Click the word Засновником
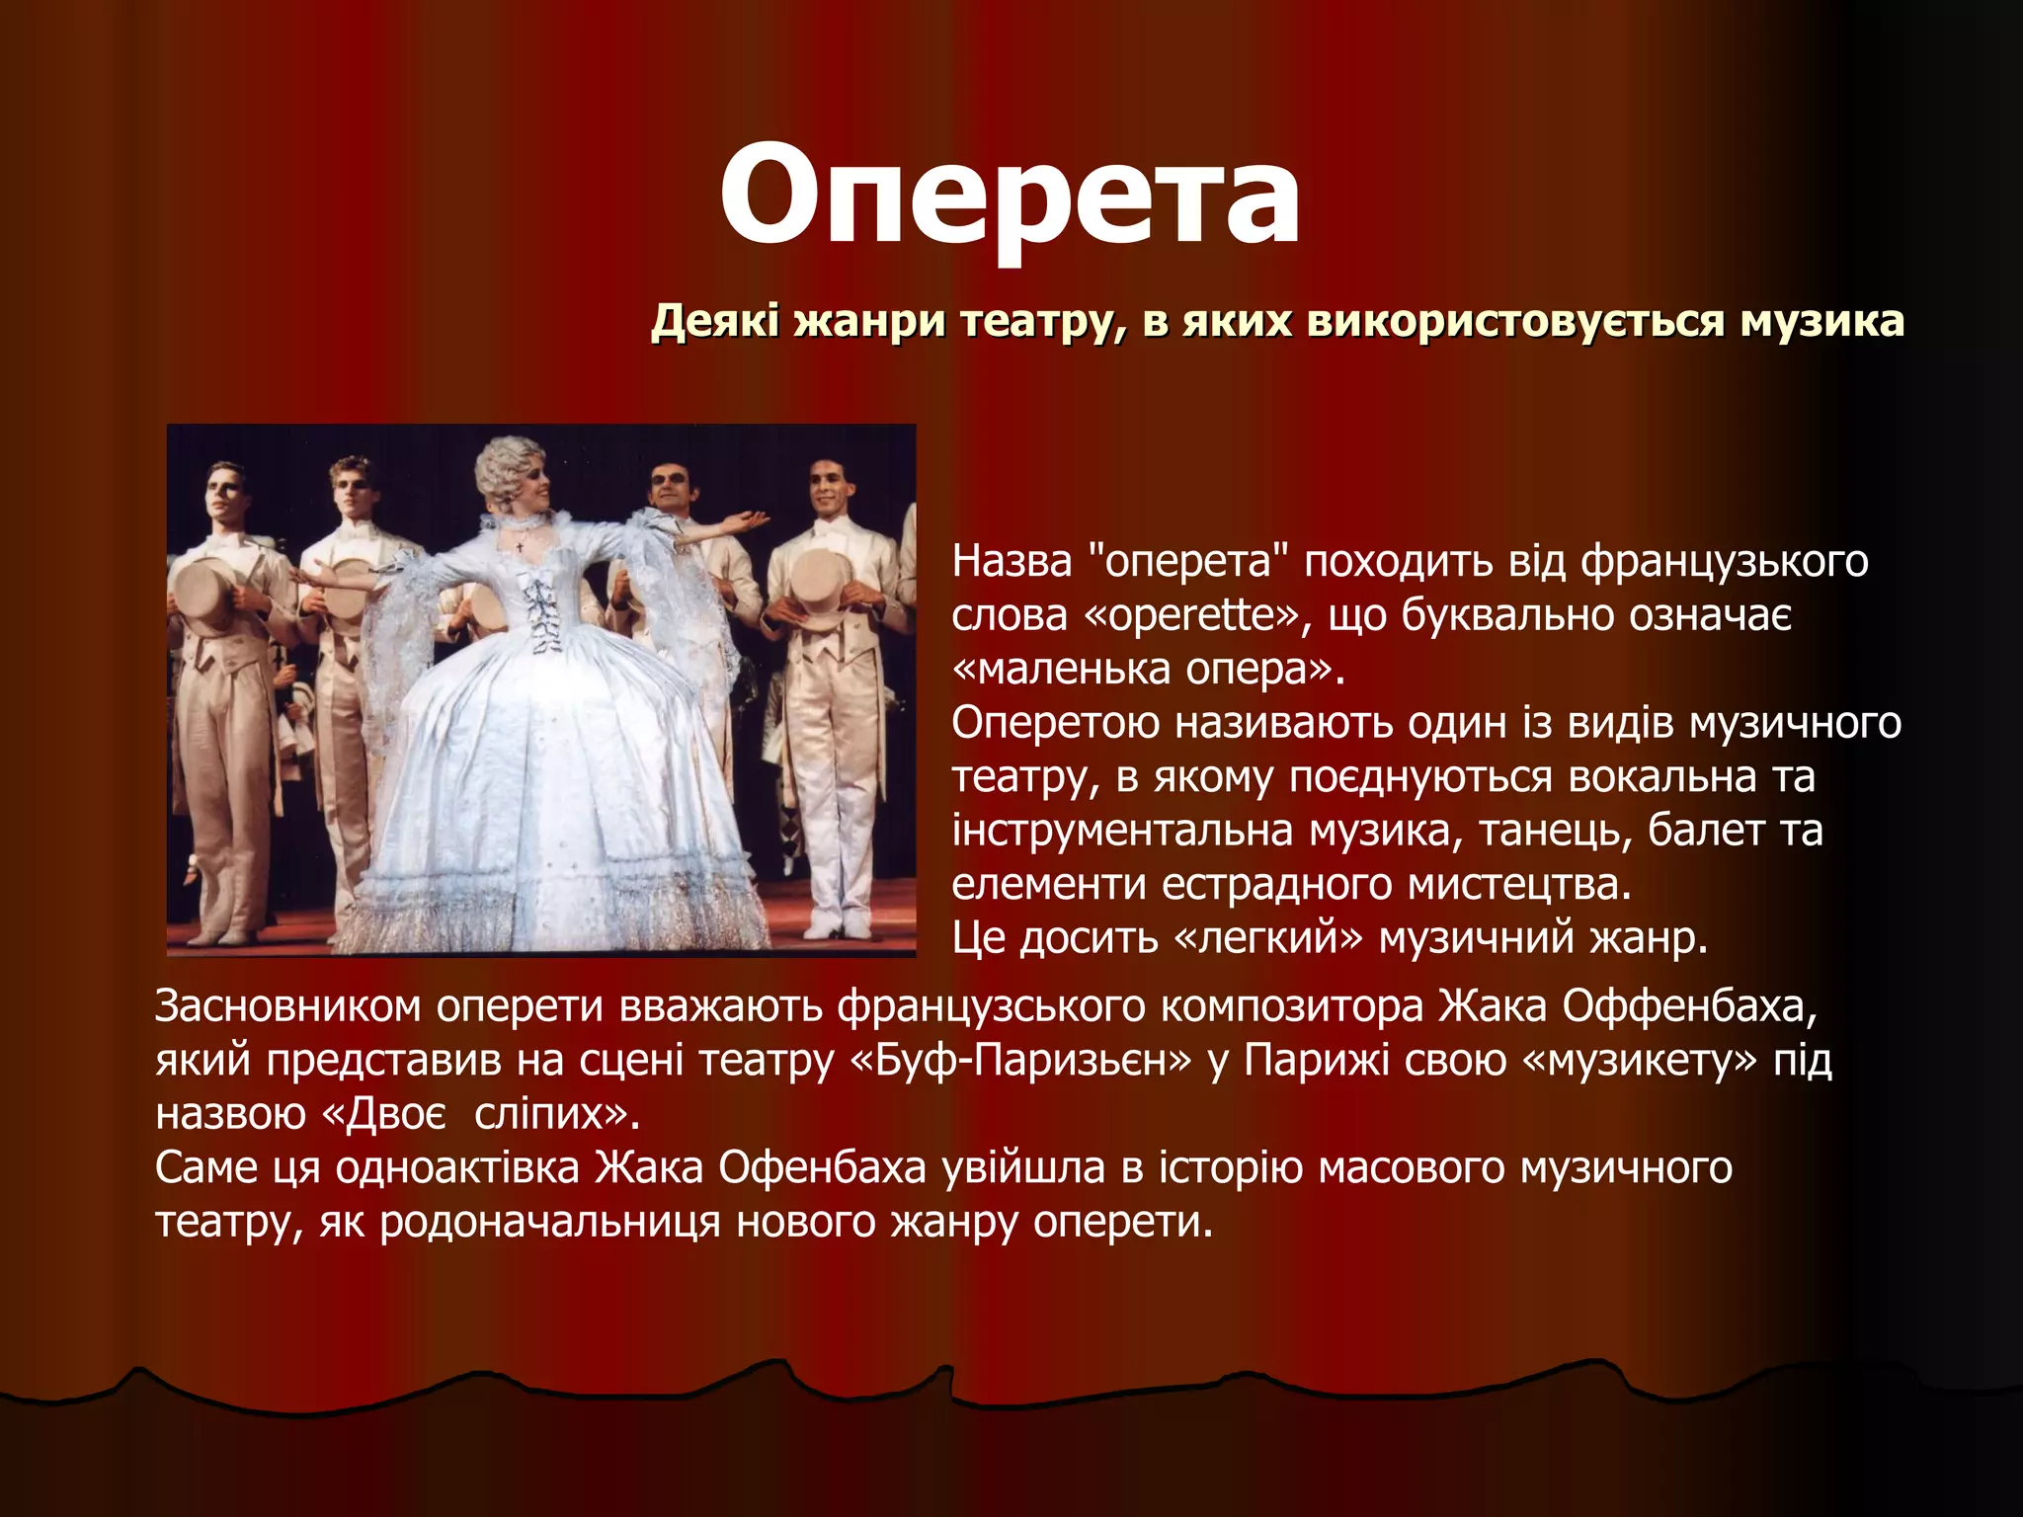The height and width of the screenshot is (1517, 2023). [287, 1006]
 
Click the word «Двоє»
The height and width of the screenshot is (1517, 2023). [386, 1114]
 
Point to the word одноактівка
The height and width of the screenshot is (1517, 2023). [457, 1168]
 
